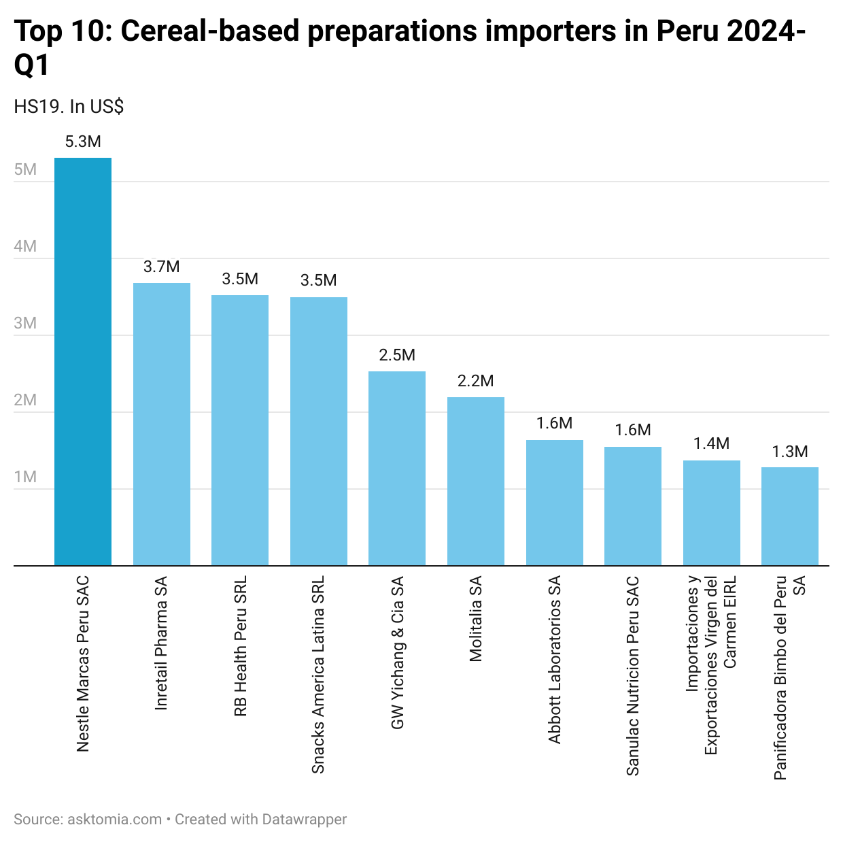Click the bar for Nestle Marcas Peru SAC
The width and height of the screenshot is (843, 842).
83,361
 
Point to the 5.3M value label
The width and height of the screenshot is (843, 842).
83,141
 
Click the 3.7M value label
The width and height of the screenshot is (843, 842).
162,267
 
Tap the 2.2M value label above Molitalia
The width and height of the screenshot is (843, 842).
476,381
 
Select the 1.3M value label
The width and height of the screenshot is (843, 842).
790,452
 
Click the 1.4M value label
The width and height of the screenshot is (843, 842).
711,443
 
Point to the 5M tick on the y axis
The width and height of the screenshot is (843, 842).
25,169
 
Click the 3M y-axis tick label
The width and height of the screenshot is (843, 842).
25,323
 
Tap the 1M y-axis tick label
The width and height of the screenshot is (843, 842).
25,477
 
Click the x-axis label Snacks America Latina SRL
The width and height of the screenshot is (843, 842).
318,675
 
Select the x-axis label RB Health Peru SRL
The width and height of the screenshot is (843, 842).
240,646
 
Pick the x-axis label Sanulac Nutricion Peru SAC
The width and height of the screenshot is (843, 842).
633,676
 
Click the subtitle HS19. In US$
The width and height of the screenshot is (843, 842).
69,107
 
